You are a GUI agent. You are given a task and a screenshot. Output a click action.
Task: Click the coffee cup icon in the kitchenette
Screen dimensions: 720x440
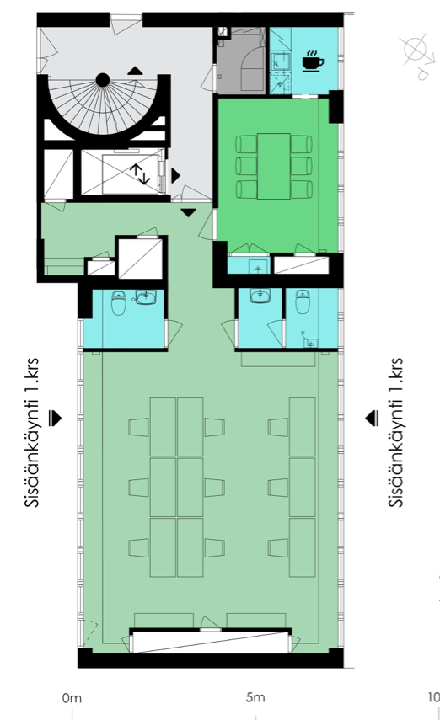point(311,61)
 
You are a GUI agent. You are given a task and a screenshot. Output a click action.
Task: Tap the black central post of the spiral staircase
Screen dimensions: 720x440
point(102,80)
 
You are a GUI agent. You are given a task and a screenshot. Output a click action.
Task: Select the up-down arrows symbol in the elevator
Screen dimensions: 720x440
point(139,174)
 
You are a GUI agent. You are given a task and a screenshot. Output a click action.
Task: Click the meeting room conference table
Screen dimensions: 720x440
point(273,165)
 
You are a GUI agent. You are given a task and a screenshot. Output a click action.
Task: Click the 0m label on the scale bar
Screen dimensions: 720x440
point(72,698)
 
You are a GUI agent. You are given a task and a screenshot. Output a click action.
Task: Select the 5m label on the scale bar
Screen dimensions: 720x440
point(255,698)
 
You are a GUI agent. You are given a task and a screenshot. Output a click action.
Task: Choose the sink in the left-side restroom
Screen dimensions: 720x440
point(147,296)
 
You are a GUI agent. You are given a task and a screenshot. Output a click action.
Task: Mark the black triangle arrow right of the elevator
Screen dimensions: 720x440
point(175,175)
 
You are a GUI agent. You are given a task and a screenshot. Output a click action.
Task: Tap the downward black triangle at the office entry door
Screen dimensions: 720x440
point(189,212)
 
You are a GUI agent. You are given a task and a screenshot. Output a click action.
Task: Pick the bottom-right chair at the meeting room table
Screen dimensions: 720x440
point(301,186)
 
